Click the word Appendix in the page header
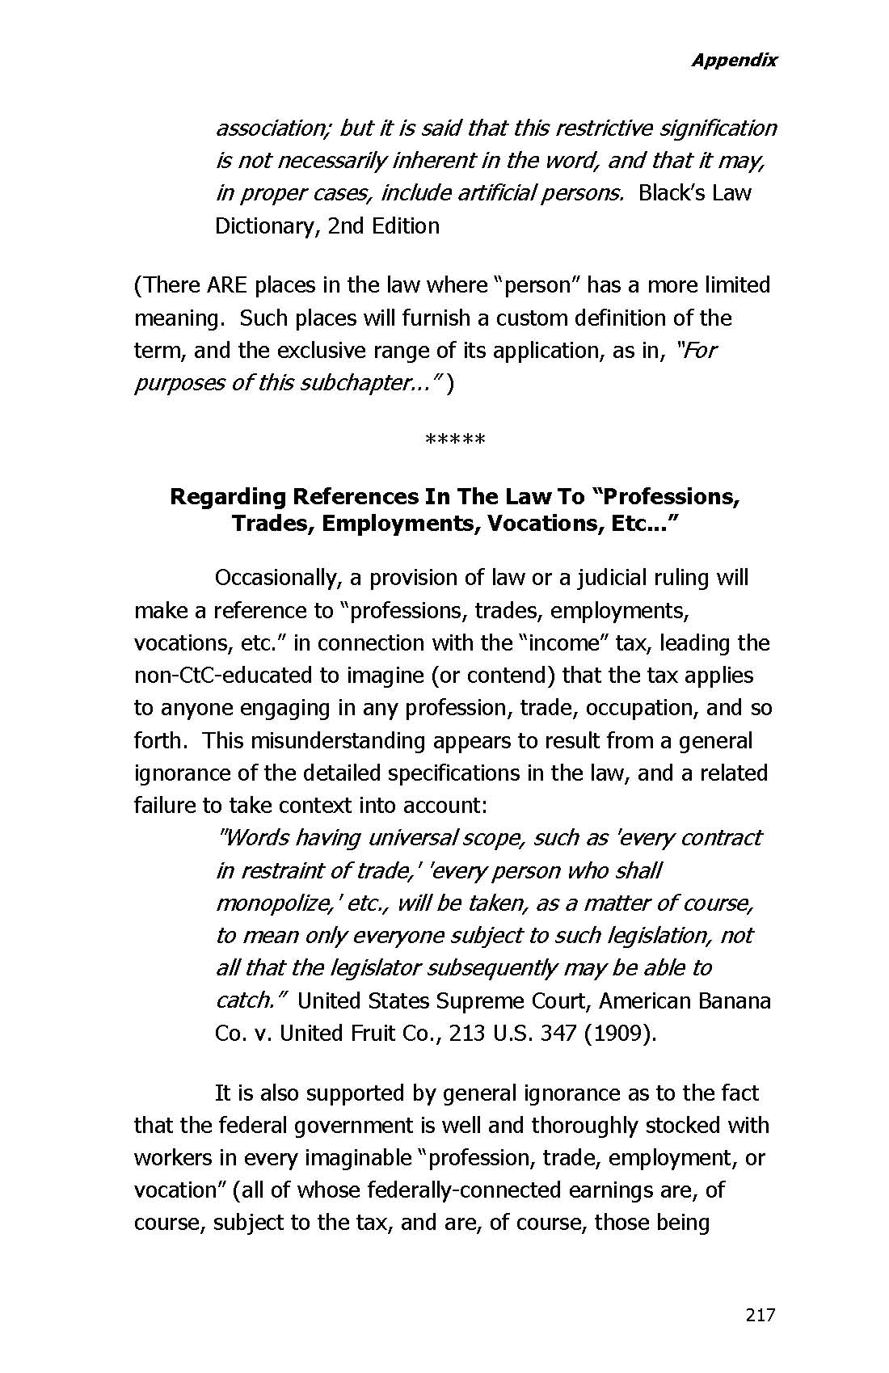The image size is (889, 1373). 734,60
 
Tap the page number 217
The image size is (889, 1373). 760,1315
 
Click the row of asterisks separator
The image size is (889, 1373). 454,440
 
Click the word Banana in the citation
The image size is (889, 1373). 737,1000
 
